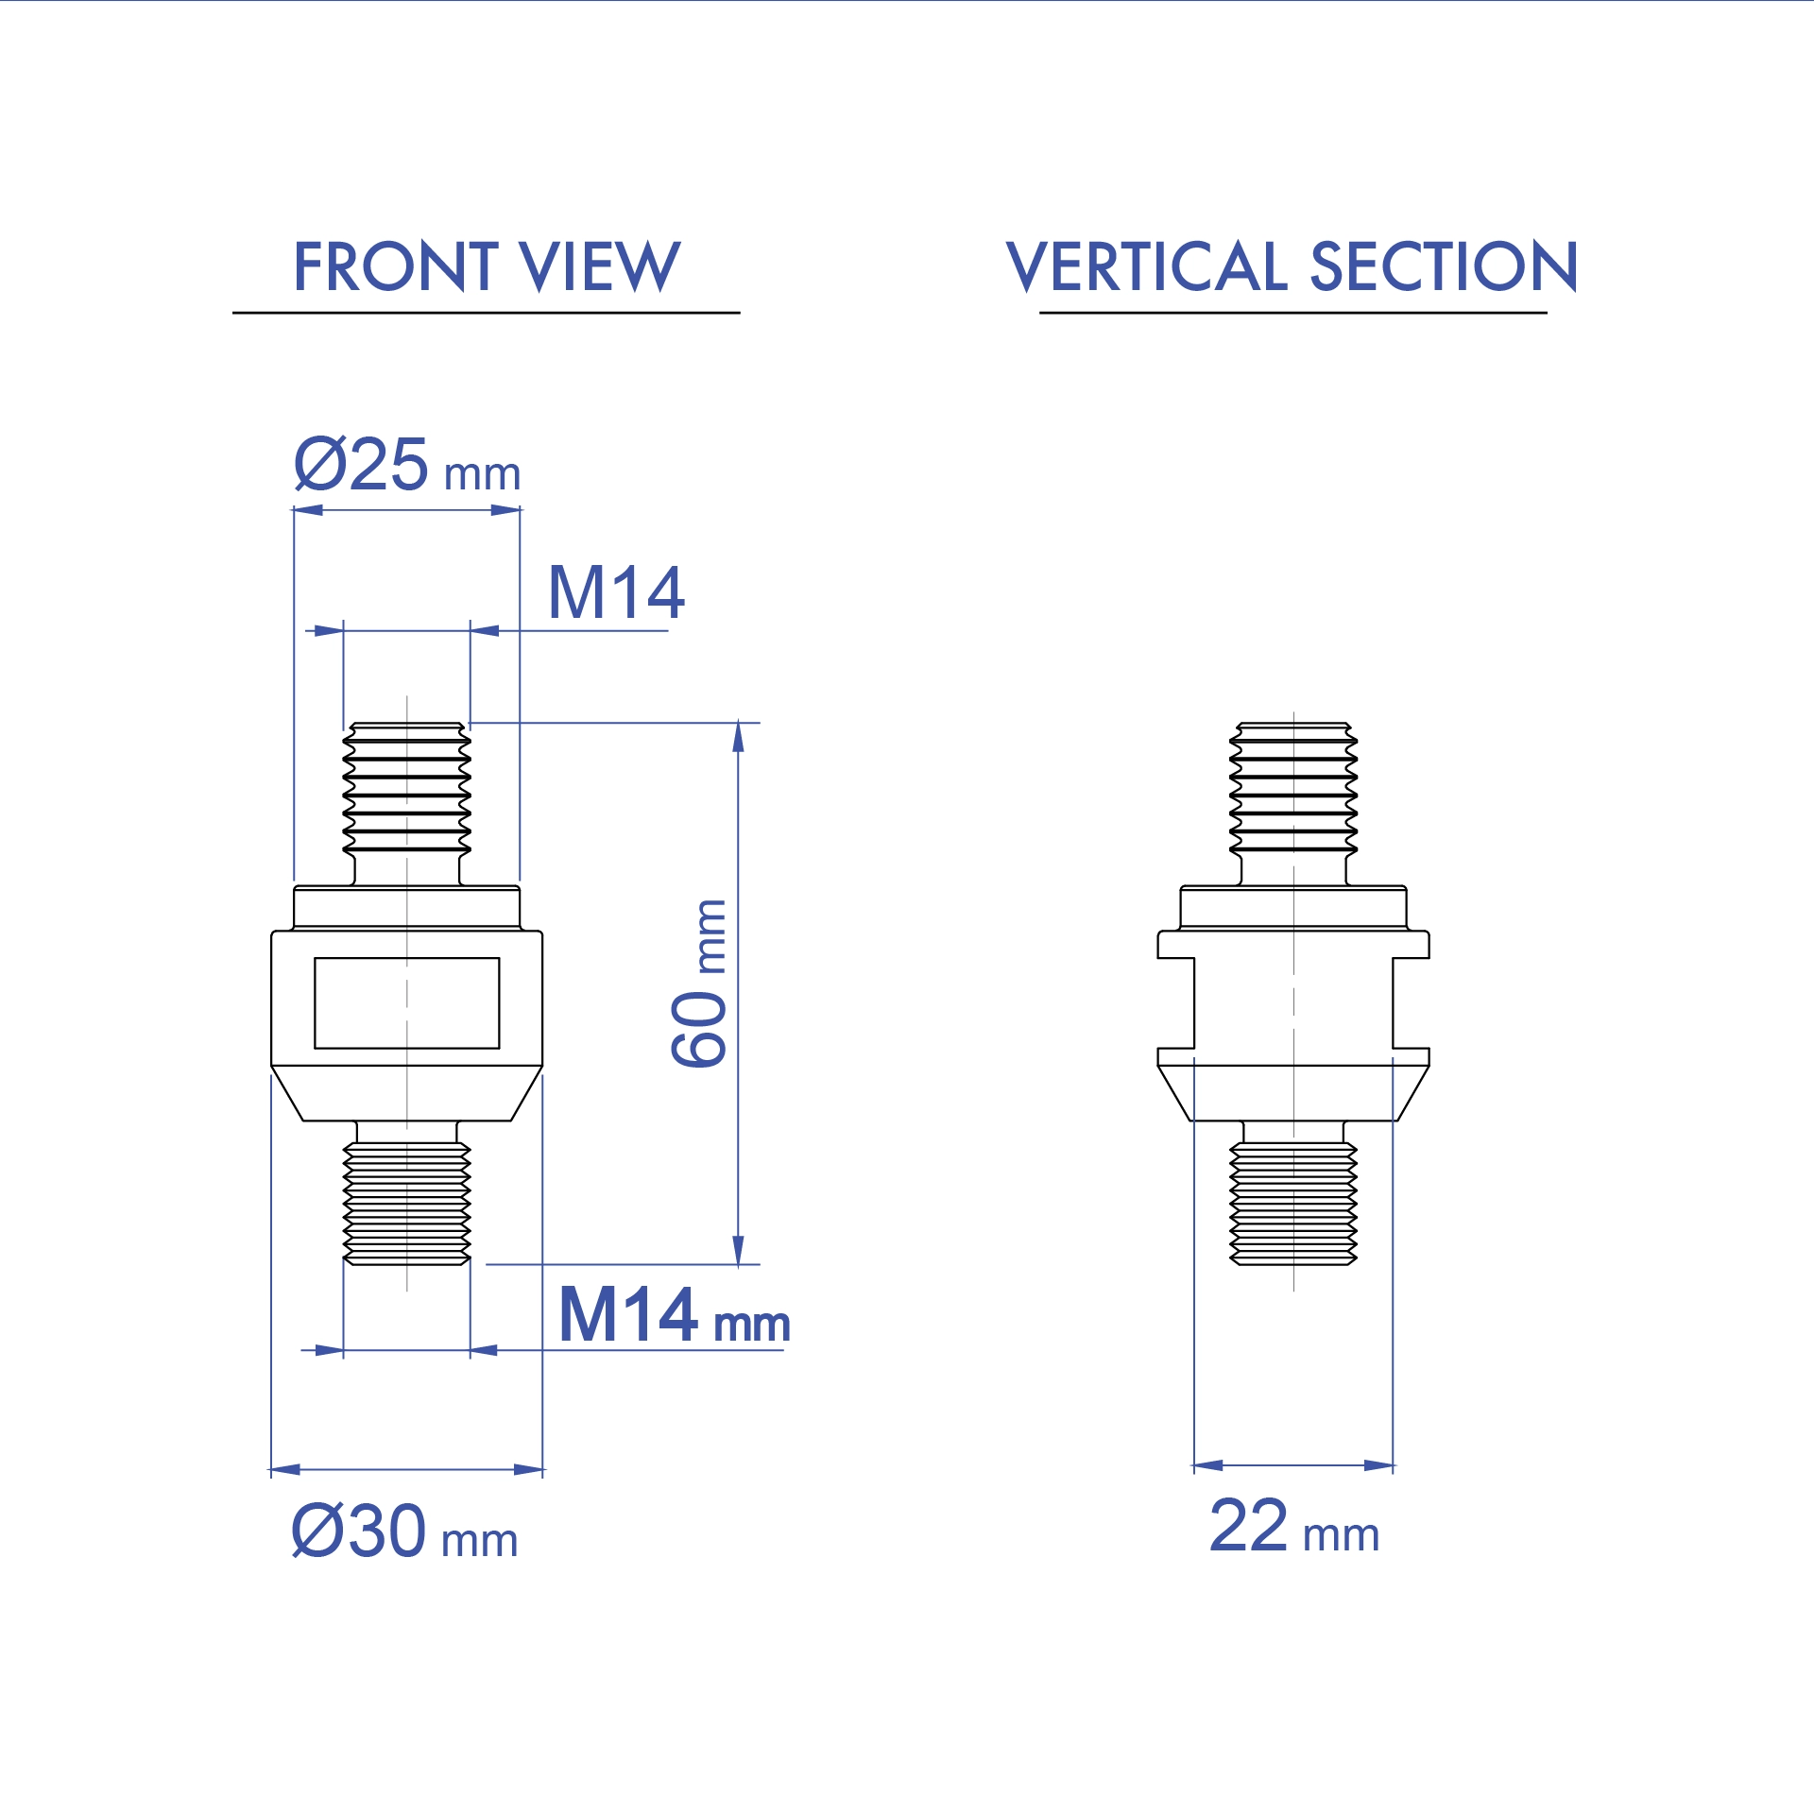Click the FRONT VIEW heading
click(x=486, y=266)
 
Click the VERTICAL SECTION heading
click(x=1292, y=266)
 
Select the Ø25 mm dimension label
click(x=406, y=465)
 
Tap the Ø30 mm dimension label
click(x=404, y=1532)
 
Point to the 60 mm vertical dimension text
click(x=699, y=984)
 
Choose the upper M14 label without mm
click(x=616, y=593)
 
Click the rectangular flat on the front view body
click(x=406, y=1002)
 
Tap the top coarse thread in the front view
click(x=406, y=787)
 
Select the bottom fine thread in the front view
click(x=406, y=1203)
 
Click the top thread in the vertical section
click(x=1292, y=787)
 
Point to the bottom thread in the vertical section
click(x=1292, y=1203)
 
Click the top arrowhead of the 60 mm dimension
click(x=738, y=738)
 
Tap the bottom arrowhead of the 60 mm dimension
click(x=738, y=1250)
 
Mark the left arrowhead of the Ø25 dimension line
click(x=308, y=510)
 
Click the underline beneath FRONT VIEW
click(x=486, y=312)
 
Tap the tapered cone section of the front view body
click(x=406, y=1093)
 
